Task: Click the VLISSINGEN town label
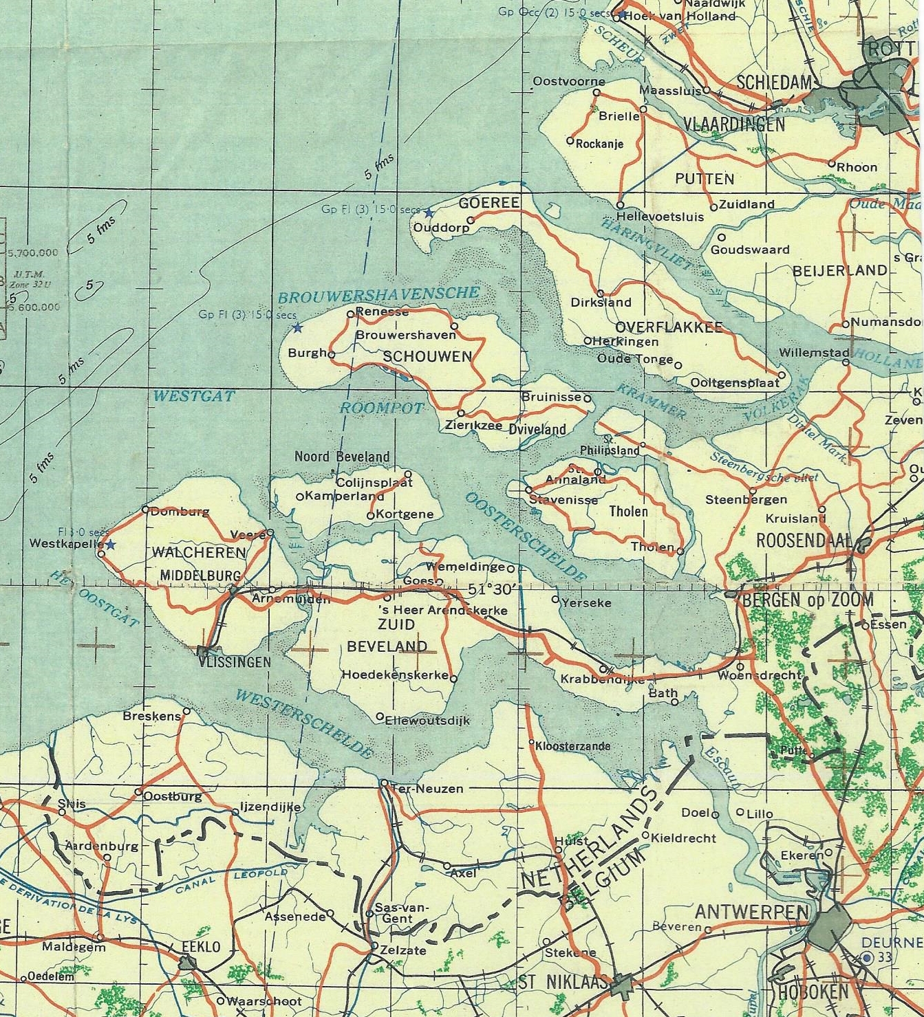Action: [234, 662]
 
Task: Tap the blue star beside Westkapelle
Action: [110, 545]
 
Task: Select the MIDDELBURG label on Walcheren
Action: [200, 576]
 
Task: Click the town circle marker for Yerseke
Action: [555, 600]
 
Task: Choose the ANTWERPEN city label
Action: [751, 912]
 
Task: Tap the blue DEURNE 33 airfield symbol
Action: [867, 957]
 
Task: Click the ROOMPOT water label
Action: [382, 408]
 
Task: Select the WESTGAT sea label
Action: [193, 396]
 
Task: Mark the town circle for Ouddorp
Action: [471, 221]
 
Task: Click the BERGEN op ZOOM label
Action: [808, 600]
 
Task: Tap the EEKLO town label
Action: [201, 947]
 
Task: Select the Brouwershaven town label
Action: [405, 336]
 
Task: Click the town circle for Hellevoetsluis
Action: [620, 205]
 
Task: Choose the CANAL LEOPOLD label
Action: [230, 879]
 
